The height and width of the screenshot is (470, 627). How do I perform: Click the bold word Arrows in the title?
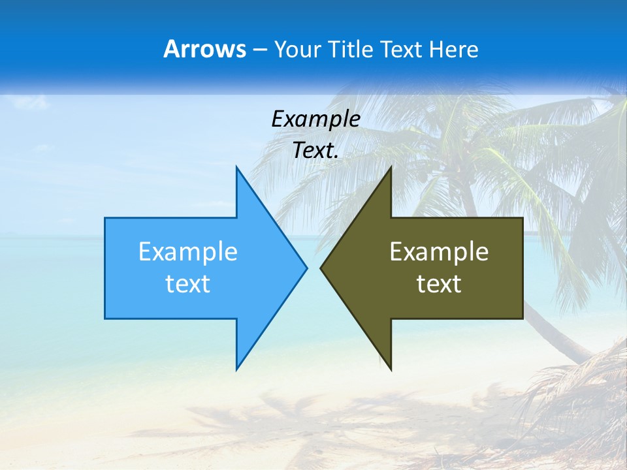click(x=204, y=49)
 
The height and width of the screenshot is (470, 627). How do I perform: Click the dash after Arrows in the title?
click(x=259, y=50)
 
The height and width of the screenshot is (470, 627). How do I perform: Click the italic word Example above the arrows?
click(x=315, y=119)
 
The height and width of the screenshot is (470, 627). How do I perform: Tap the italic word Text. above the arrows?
click(x=315, y=150)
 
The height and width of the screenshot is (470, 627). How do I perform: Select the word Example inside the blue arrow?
click(x=188, y=251)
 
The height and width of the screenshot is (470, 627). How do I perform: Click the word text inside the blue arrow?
click(x=188, y=284)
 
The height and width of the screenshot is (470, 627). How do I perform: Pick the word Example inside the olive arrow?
click(x=439, y=251)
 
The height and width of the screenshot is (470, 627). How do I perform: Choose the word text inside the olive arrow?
click(x=439, y=284)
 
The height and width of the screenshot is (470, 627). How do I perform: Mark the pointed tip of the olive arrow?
click(x=321, y=268)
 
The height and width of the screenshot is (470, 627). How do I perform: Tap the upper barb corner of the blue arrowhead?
click(x=236, y=168)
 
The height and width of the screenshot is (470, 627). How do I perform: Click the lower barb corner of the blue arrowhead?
click(x=236, y=369)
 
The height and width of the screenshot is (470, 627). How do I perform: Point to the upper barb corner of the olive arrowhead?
click(x=391, y=168)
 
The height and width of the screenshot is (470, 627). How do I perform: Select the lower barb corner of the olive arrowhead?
click(x=391, y=369)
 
